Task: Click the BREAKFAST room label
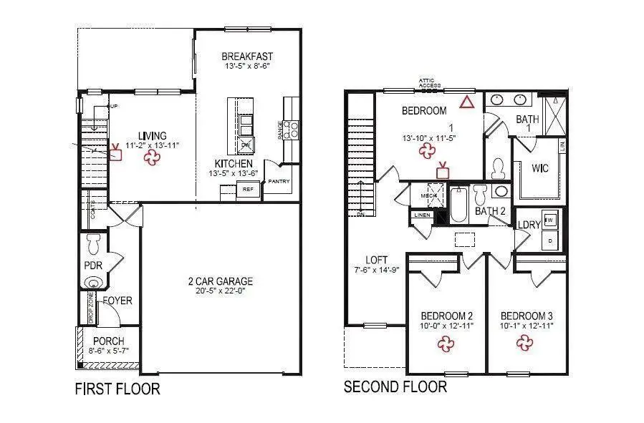(246, 57)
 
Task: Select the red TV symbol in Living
(115, 152)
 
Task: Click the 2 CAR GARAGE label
(220, 281)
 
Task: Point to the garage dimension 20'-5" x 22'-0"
(220, 292)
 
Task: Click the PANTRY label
(279, 182)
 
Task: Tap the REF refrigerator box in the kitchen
(248, 190)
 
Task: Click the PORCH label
(109, 341)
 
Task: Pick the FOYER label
(117, 301)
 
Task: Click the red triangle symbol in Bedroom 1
(467, 102)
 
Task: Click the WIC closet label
(540, 170)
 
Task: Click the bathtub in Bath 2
(458, 206)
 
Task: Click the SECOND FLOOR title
(395, 387)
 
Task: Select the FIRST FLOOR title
(117, 389)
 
